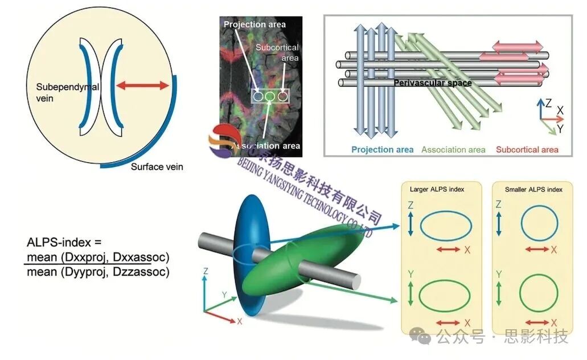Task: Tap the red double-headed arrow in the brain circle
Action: tap(142, 85)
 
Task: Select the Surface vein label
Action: tap(157, 167)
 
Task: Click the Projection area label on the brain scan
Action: tap(254, 24)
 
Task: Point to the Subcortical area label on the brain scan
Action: tap(277, 52)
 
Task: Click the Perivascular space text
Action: tap(433, 83)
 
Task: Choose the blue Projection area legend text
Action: tap(382, 150)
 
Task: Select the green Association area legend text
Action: tap(453, 150)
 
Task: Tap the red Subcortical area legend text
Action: tap(527, 150)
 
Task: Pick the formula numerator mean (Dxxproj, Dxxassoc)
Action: tap(98, 256)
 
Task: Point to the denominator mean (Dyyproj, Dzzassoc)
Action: tap(98, 272)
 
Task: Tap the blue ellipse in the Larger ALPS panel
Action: tap(446, 226)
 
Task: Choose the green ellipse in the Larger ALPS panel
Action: tap(445, 295)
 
